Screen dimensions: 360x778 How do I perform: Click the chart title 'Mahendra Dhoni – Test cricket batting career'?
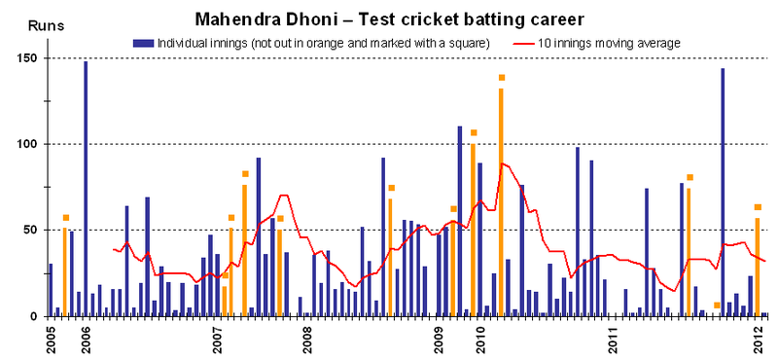pos(389,18)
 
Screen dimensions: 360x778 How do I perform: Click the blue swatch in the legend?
pos(144,43)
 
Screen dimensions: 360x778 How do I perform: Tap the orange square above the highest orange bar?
pos(502,78)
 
